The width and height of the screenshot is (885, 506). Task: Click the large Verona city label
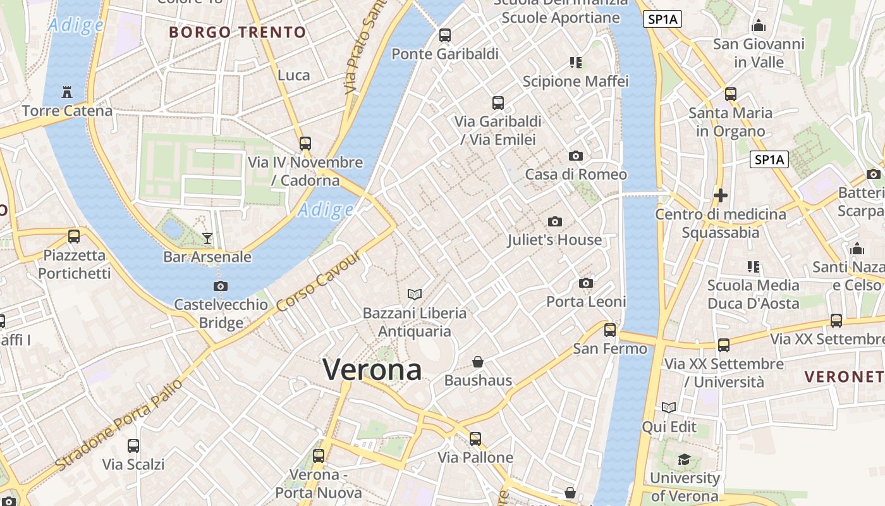coord(372,369)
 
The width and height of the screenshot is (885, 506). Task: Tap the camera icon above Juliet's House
coord(555,221)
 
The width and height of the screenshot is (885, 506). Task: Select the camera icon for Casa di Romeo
coord(575,156)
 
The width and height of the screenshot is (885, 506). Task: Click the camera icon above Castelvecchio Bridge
coord(220,286)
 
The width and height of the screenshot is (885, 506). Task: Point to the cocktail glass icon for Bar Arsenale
coord(207,238)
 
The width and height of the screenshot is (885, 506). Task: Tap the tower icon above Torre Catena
coord(67,92)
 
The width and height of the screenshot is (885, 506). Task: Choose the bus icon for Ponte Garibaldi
coord(445,35)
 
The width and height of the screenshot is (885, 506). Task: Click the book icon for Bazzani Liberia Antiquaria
coord(415,294)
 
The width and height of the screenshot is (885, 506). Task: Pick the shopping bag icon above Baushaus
coord(478,362)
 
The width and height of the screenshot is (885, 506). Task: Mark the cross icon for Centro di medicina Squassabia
coord(720,195)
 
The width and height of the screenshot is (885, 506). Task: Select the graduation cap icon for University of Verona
coord(684,459)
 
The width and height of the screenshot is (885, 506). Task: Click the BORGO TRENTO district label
coord(238,32)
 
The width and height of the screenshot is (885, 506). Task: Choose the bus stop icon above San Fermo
coord(610,330)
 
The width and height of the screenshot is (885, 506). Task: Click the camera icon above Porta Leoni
coord(586,283)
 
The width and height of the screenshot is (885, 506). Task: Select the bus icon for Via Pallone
coord(475,438)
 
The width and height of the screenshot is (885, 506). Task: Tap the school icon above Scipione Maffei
coord(575,63)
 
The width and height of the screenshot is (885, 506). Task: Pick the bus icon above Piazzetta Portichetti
coord(74,237)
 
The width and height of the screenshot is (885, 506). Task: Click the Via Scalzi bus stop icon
coord(133,445)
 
